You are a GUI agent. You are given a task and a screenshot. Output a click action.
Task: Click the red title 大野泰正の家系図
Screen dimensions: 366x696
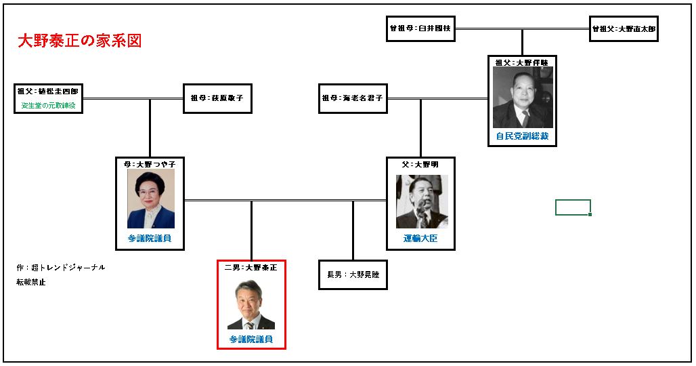point(79,41)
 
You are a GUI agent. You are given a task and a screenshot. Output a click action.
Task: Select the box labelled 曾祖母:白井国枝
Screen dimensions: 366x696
point(420,29)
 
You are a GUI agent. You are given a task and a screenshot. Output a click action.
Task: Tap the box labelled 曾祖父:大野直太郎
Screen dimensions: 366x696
point(624,29)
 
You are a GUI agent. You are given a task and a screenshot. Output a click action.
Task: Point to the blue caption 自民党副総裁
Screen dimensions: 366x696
point(522,137)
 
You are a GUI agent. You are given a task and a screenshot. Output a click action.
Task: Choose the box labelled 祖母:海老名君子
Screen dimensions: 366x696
point(353,98)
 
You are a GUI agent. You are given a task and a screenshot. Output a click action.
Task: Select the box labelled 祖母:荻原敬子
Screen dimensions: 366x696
point(217,98)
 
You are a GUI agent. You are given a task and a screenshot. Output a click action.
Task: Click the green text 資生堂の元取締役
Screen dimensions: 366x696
point(48,106)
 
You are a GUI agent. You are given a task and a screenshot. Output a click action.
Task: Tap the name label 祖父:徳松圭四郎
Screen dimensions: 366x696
point(48,91)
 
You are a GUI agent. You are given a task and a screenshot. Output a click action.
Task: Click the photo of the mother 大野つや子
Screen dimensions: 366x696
point(150,198)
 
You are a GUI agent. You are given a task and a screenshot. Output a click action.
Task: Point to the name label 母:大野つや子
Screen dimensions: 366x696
point(150,164)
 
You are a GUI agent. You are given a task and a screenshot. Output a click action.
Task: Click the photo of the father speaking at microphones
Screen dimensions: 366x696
point(421,201)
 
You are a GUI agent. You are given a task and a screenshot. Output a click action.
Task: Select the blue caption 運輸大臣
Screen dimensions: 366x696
point(420,239)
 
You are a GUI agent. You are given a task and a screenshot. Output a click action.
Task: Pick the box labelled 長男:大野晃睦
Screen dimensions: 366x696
point(353,274)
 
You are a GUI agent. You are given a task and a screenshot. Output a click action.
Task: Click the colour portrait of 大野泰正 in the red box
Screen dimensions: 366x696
point(251,304)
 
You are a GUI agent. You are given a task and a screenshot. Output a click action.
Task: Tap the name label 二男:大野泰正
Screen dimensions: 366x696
point(251,268)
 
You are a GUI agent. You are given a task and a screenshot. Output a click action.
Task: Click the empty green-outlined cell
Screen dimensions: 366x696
point(573,207)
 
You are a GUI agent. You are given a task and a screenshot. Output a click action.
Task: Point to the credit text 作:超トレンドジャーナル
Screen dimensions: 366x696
point(61,268)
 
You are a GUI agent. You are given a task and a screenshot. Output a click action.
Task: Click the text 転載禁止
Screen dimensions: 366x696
point(31,282)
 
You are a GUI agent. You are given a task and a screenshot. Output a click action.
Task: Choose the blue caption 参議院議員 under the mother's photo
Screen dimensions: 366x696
point(150,239)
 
